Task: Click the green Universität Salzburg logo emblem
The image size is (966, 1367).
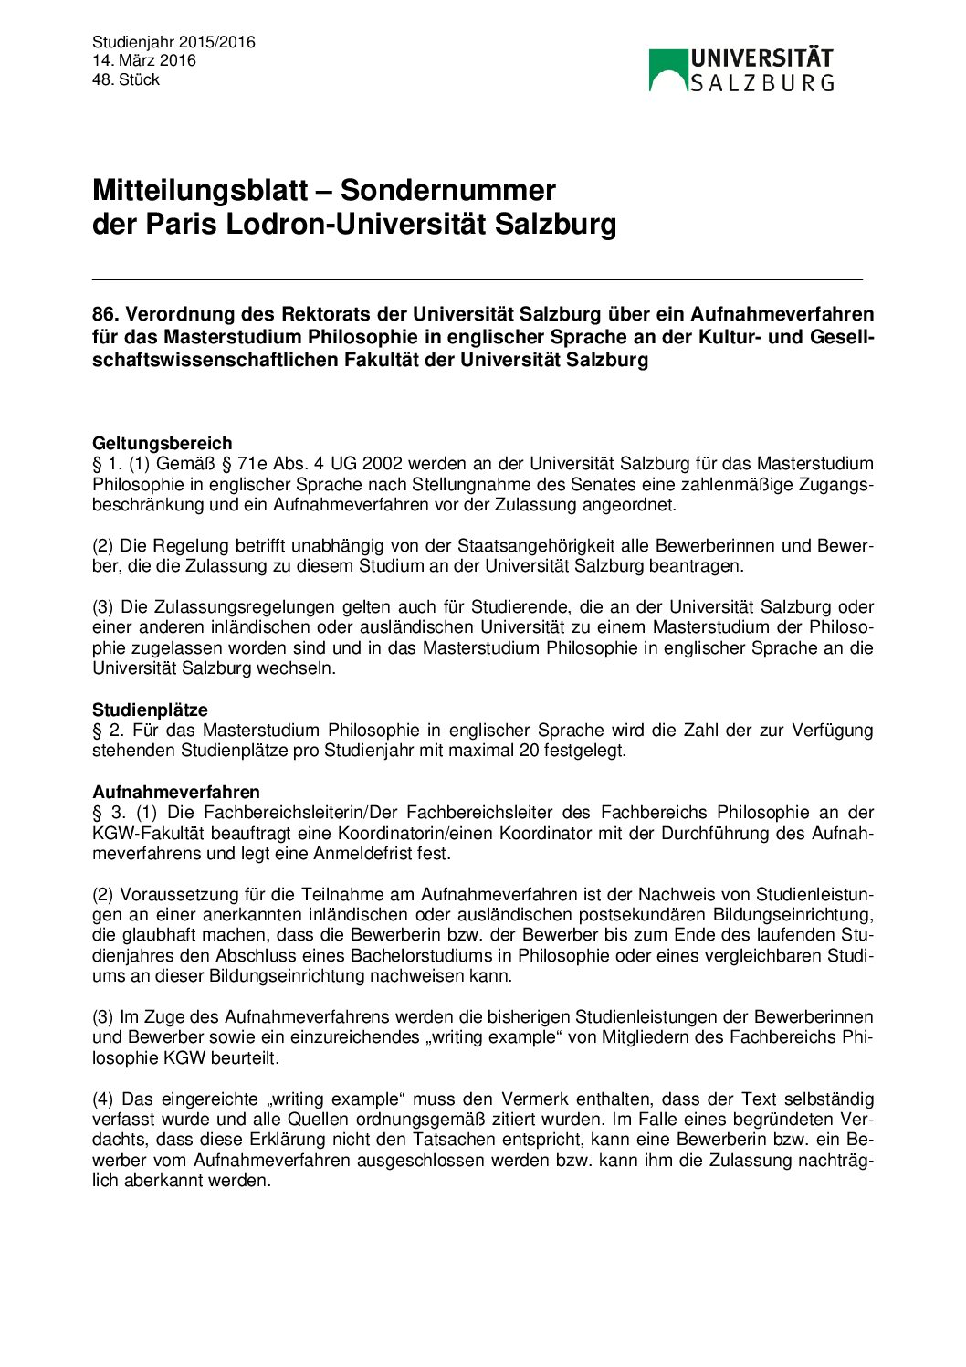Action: click(x=667, y=70)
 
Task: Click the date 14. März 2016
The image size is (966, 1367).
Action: click(x=143, y=61)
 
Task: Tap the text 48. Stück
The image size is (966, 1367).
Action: click(x=126, y=80)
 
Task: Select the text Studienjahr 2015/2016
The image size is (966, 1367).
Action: click(x=173, y=42)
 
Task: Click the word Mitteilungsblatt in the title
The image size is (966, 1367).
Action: click(x=200, y=190)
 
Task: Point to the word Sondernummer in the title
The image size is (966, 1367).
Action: click(x=447, y=190)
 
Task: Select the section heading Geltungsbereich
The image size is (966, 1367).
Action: click(x=162, y=444)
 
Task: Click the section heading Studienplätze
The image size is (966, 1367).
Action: click(x=150, y=710)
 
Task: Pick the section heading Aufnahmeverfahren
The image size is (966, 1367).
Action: click(x=175, y=792)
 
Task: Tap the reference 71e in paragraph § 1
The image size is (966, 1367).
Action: click(x=252, y=464)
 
